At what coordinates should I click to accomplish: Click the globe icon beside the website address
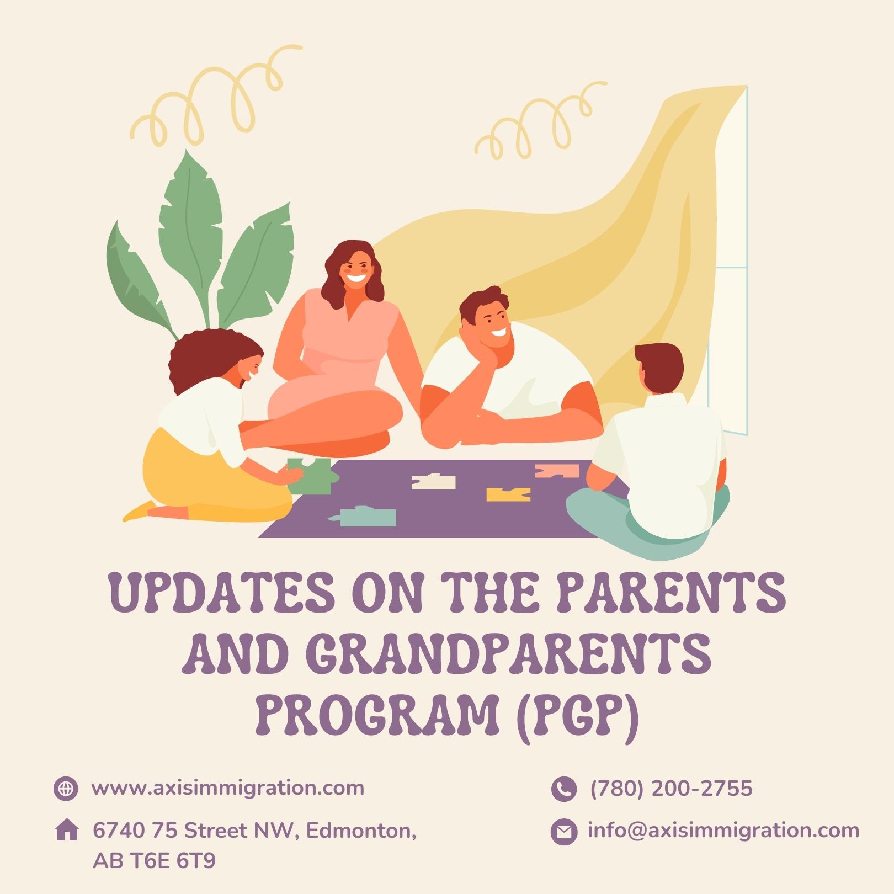point(66,788)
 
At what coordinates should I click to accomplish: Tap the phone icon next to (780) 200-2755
point(563,789)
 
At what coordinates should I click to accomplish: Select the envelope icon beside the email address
point(563,832)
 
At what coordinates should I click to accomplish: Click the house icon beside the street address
point(67,830)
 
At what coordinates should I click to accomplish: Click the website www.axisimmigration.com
point(228,788)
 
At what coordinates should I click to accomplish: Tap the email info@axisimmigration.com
point(723,831)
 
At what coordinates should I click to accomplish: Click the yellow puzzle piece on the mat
point(508,494)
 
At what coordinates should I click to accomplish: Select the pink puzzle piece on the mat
point(557,471)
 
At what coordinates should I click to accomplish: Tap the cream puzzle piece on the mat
point(434,482)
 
